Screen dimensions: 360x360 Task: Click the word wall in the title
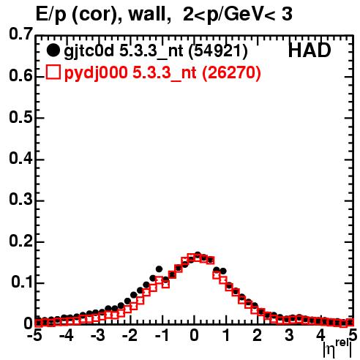point(147,14)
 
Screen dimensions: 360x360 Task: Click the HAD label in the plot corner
point(310,50)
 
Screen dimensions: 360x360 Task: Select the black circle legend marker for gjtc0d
point(53,50)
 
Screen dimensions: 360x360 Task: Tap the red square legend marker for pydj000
point(53,72)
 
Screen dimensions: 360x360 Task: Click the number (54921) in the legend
point(218,50)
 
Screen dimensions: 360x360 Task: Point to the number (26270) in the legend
point(231,72)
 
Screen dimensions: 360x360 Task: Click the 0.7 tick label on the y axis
point(20,34)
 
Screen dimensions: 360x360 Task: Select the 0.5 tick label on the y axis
point(20,117)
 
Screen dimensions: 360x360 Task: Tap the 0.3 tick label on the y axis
point(20,200)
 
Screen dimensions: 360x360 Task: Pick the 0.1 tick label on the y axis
point(21,282)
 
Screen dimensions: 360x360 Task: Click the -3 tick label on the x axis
point(97,335)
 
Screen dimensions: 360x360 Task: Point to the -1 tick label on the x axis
point(162,335)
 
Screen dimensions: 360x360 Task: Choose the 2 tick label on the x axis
point(258,335)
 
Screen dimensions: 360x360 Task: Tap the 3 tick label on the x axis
point(289,335)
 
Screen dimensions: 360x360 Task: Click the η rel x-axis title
point(337,349)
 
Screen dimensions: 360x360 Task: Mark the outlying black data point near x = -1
point(159,269)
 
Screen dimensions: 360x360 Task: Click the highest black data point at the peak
point(198,255)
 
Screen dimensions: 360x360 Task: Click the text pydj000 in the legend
point(96,72)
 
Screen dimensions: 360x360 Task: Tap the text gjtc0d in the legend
point(89,51)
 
